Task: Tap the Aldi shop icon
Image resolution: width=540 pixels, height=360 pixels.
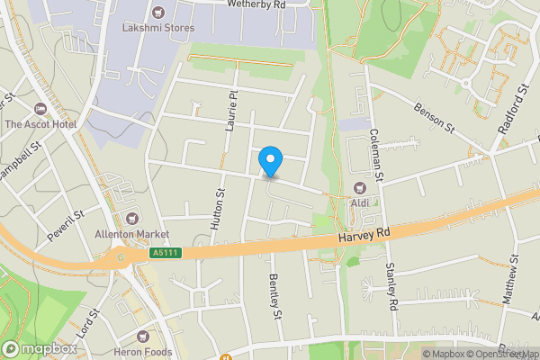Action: point(360,188)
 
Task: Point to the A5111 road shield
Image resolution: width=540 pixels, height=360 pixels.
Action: point(166,253)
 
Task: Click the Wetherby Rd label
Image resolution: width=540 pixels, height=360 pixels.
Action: point(256,4)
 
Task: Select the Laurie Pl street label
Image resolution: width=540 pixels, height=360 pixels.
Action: point(232,111)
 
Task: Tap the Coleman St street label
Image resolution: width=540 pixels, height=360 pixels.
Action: point(377,153)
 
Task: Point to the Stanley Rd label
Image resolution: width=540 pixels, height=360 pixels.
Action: point(391,286)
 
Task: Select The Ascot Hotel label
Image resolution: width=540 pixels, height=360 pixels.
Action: point(39,123)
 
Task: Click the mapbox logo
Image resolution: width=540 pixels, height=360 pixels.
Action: point(39,348)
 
